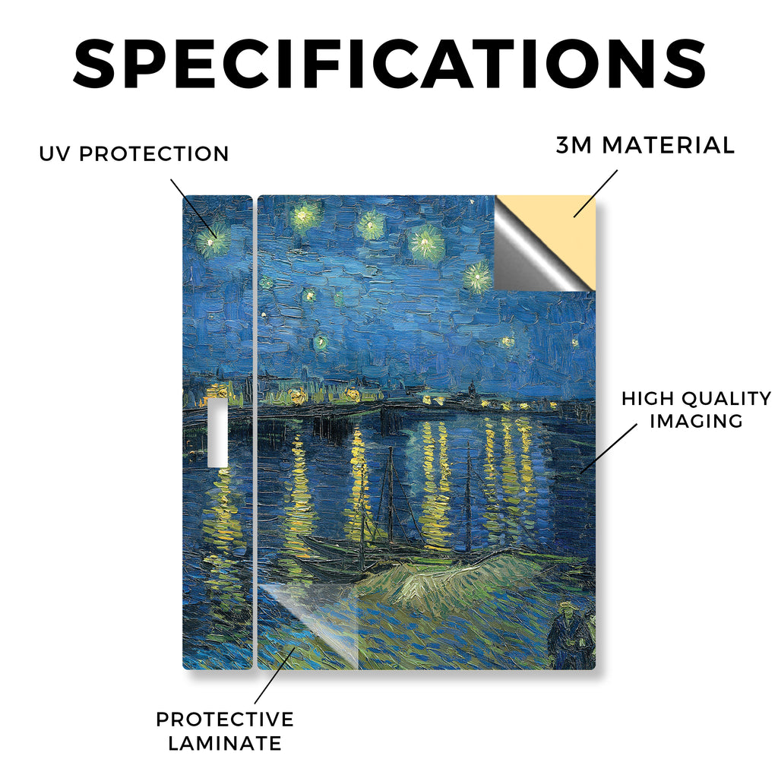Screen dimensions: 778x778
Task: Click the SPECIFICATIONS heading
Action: [390, 64]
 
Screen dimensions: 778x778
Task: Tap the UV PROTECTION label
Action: [134, 153]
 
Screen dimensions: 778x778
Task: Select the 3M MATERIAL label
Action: [645, 145]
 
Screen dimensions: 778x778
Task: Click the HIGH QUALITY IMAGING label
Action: [696, 410]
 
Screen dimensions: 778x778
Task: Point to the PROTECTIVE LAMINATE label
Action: [225, 732]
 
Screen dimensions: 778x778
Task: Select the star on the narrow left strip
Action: [213, 241]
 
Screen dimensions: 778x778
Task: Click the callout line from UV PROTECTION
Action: [194, 207]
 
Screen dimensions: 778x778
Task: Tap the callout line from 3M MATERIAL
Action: [596, 194]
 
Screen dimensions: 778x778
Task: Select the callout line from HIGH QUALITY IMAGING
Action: [609, 448]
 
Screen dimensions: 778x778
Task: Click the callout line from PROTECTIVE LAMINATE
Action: [274, 675]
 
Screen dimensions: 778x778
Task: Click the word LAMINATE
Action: [225, 743]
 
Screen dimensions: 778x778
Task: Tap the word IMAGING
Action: [696, 421]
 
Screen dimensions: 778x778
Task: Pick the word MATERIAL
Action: [668, 145]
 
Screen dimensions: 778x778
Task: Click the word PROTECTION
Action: [153, 153]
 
